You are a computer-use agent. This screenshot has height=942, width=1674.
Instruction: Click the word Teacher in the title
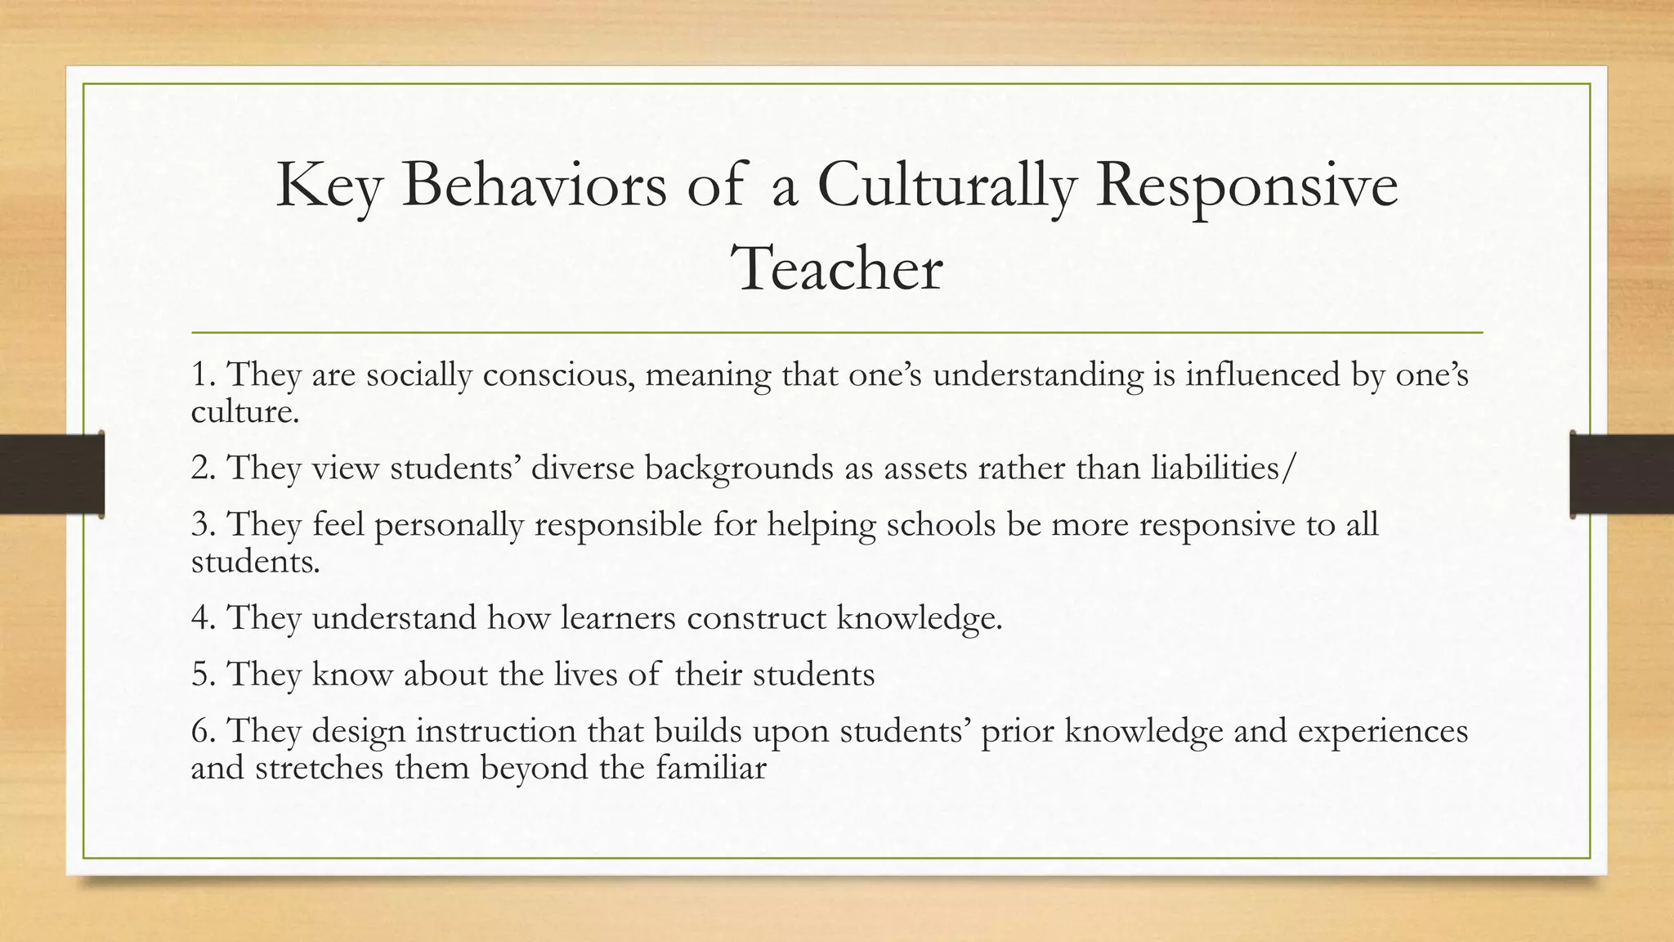[836, 269]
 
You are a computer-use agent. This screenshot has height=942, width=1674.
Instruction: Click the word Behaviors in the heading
[534, 186]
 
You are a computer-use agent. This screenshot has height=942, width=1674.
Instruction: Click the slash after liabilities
[1290, 468]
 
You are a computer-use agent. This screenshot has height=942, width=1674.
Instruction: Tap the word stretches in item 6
[319, 768]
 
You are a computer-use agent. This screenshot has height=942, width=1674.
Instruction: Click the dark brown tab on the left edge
[51, 474]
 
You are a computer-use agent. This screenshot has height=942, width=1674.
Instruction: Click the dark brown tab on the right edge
[1622, 474]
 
